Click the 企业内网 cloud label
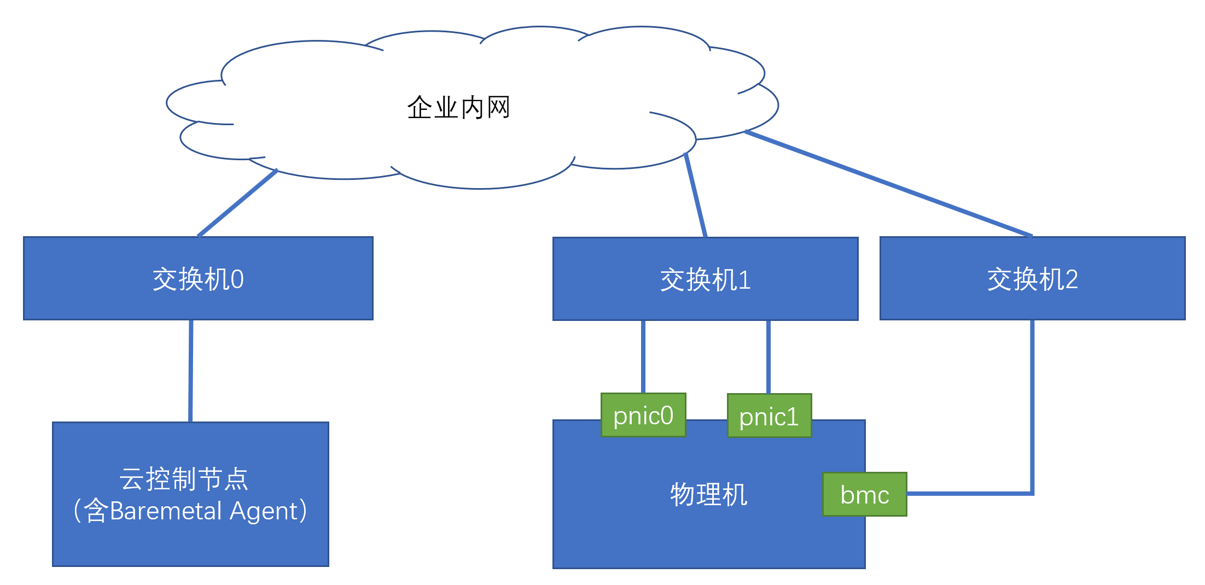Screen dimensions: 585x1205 pyautogui.click(x=458, y=107)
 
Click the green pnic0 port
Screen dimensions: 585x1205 pyautogui.click(x=643, y=416)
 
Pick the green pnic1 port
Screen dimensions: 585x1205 pyautogui.click(x=769, y=416)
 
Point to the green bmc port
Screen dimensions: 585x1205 pyautogui.click(x=864, y=494)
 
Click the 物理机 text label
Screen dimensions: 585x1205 pyautogui.click(x=708, y=495)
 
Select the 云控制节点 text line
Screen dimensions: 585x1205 pyautogui.click(x=184, y=479)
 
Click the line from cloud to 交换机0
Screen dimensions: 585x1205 pyautogui.click(x=237, y=203)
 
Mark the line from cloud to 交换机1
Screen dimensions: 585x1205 pyautogui.click(x=696, y=196)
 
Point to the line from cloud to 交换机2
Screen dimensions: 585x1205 pyautogui.click(x=889, y=184)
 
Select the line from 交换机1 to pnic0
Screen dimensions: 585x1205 pyautogui.click(x=643, y=356)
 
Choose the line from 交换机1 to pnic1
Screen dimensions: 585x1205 pyautogui.click(x=769, y=356)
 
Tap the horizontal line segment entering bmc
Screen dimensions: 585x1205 pyautogui.click(x=968, y=493)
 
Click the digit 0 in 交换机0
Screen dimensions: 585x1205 pyautogui.click(x=237, y=280)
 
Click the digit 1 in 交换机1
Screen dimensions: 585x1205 pyautogui.click(x=744, y=280)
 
